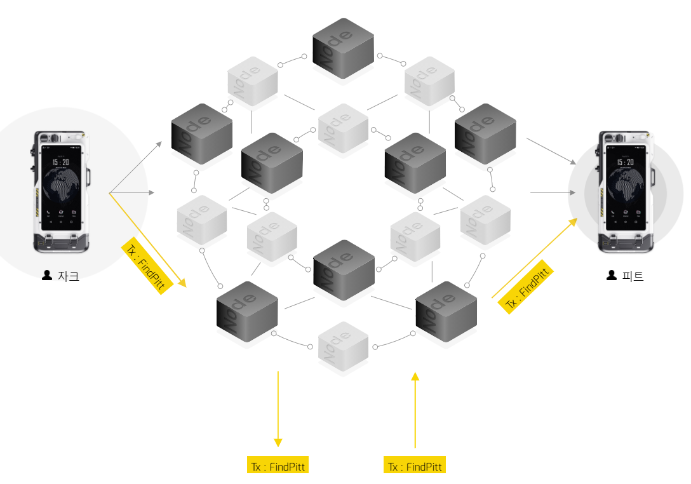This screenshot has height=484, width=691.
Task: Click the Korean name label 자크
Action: click(68, 276)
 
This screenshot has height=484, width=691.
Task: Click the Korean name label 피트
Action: click(633, 276)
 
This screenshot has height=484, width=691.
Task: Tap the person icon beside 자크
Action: click(46, 276)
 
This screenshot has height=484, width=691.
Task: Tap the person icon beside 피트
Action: click(612, 276)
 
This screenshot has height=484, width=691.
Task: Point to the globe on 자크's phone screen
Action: click(62, 186)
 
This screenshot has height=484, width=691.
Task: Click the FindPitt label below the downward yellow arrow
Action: click(278, 466)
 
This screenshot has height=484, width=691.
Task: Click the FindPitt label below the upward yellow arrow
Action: click(415, 466)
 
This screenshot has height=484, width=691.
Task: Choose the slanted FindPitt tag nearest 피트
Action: click(527, 289)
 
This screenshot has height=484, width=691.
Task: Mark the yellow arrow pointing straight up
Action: click(415, 410)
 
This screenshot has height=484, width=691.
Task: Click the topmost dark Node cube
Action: click(343, 48)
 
